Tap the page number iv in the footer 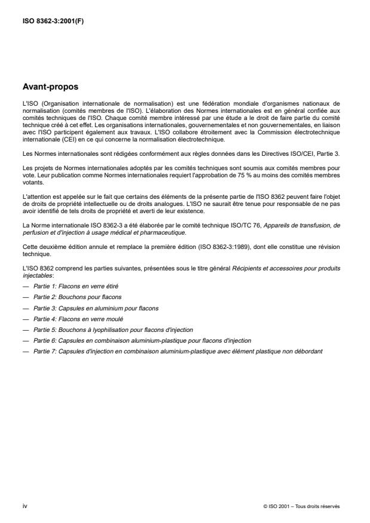tap(24, 506)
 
